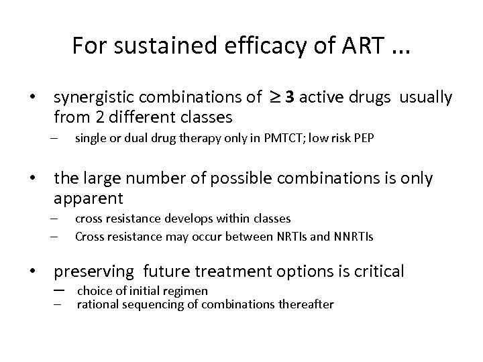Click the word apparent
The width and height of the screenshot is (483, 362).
point(88,198)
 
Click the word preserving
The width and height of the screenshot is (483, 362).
point(95,271)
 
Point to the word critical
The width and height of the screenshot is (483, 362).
point(380,271)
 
